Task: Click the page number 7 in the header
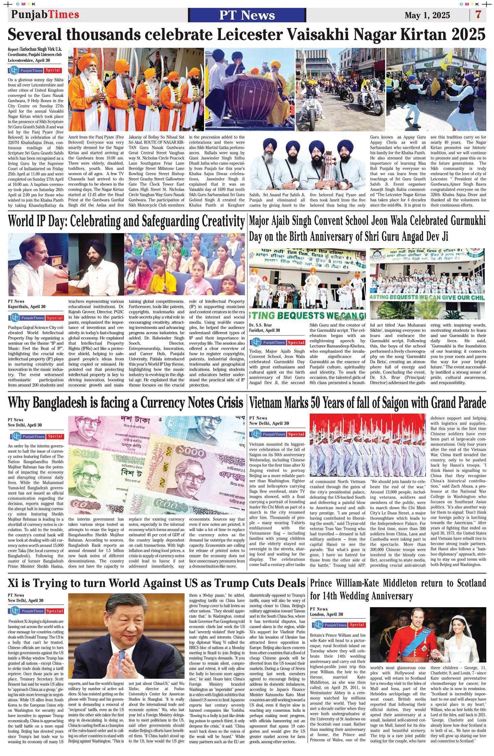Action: [478, 15]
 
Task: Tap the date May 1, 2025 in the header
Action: [427, 16]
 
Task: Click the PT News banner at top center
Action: [247, 15]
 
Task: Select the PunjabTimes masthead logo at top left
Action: [45, 14]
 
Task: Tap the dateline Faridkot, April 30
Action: [265, 330]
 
